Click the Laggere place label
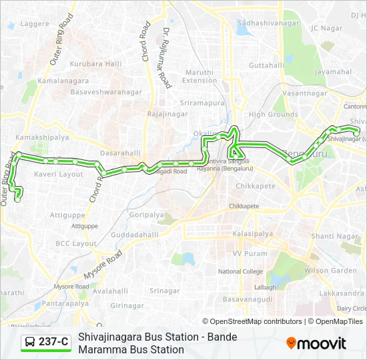35,24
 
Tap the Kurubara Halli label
98,64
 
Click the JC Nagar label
326,28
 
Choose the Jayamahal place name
333,71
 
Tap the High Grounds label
273,115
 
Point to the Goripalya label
147,215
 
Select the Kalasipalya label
253,234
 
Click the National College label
240,272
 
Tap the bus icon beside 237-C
30,343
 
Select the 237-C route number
53,343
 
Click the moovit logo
316,343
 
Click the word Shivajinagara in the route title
109,337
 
